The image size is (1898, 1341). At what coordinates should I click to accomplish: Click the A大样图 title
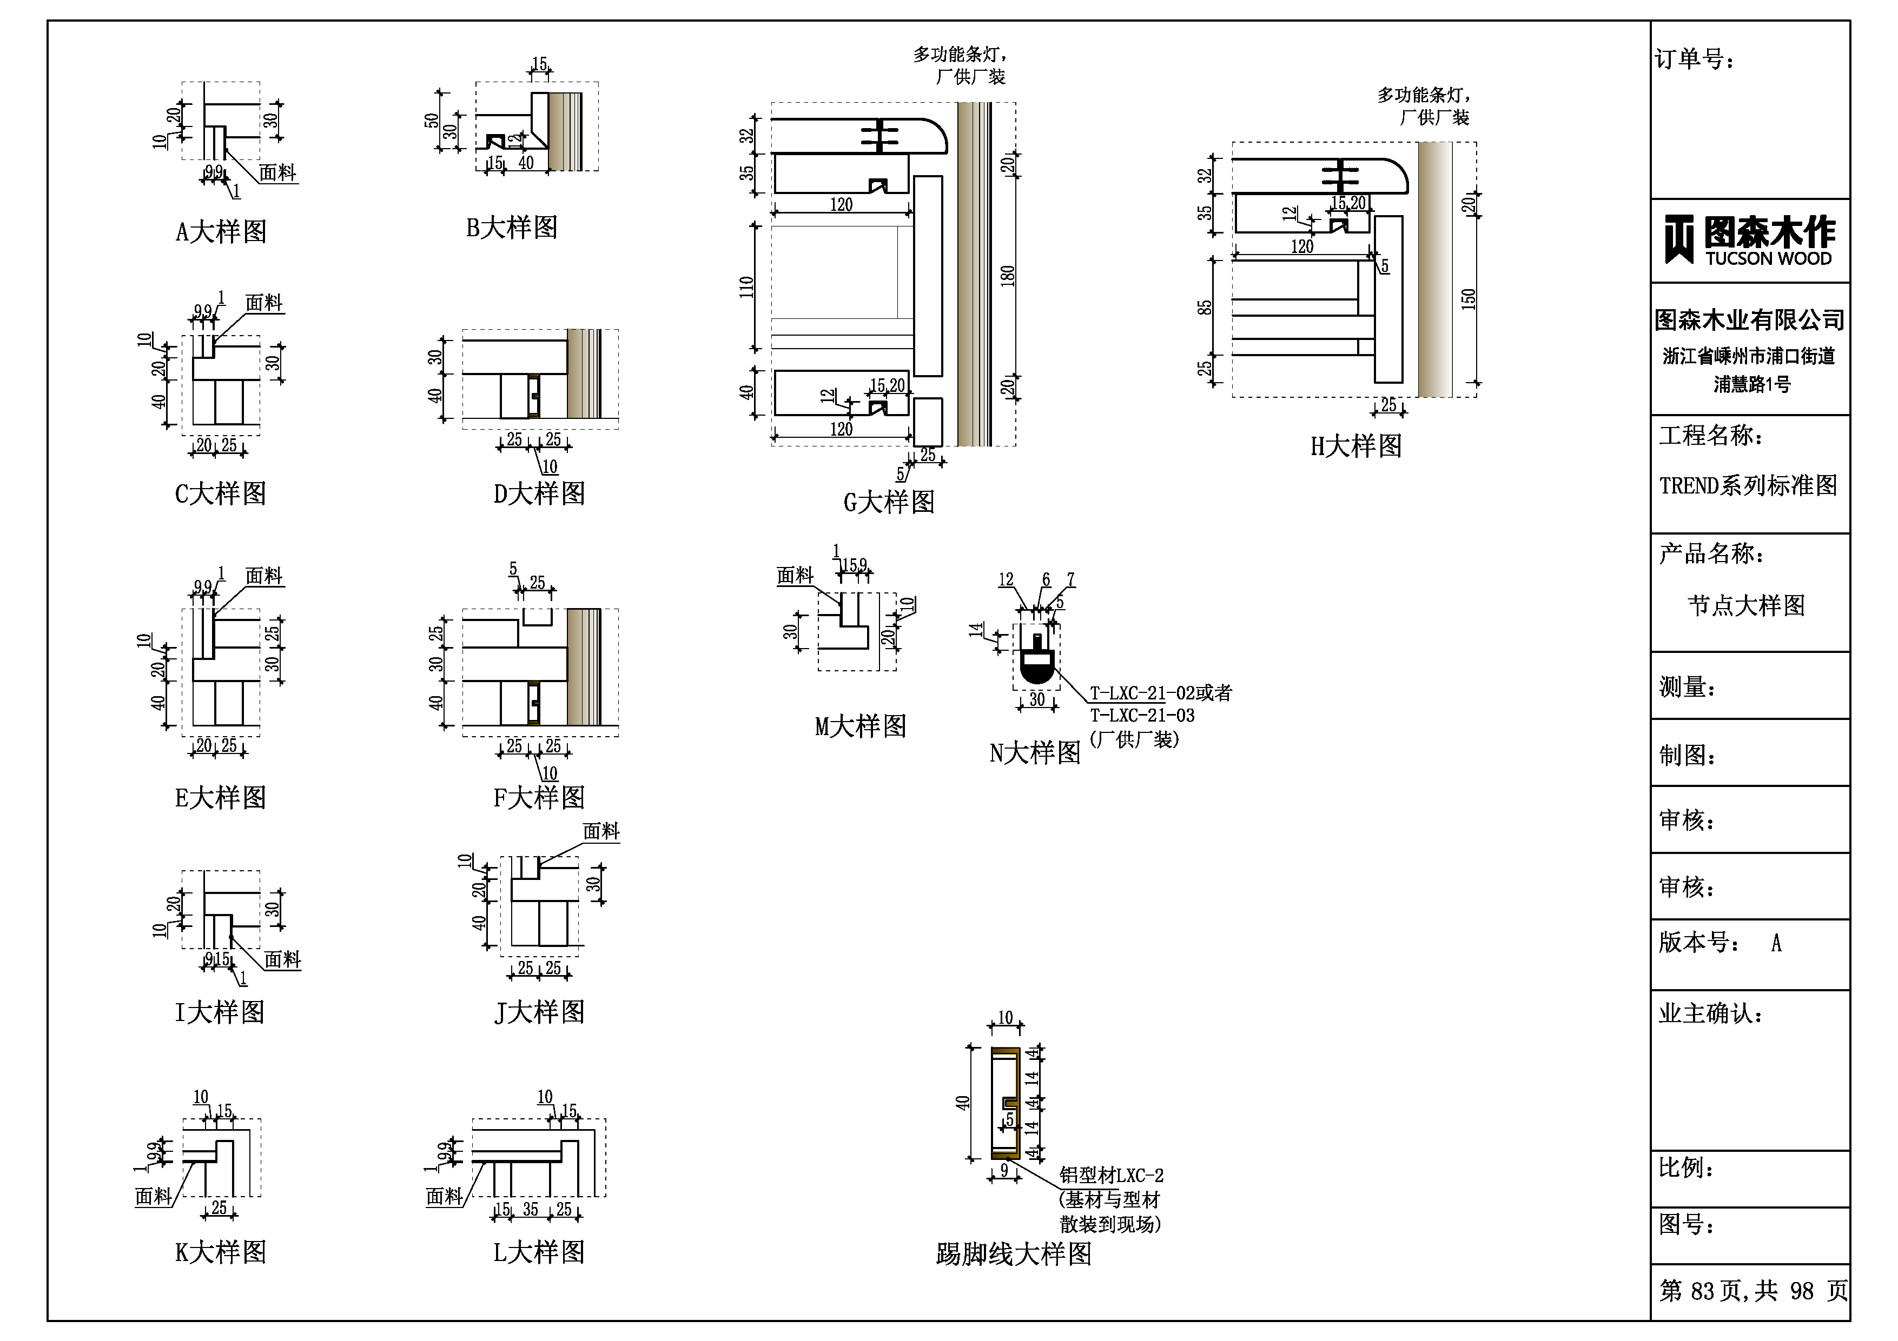pos(221,231)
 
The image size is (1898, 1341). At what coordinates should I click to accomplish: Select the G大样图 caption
pos(889,502)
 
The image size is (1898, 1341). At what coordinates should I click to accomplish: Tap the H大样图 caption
pos(1355,446)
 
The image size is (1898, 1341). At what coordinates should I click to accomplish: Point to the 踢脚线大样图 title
pos(1014,1254)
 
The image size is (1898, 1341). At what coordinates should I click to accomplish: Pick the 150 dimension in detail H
pos(1468,298)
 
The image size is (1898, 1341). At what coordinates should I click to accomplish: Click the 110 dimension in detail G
pos(746,286)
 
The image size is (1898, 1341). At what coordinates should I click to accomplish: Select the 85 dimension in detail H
pos(1205,306)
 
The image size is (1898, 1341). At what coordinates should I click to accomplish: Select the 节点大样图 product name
pos(1746,606)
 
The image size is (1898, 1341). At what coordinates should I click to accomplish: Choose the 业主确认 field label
pos(1710,1014)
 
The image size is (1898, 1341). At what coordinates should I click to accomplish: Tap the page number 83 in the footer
pos(1703,1291)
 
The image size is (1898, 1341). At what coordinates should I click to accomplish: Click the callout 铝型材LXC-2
pos(1111,1175)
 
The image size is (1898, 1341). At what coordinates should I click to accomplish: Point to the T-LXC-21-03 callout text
pos(1142,716)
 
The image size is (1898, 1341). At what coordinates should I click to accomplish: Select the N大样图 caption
pos(1035,753)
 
